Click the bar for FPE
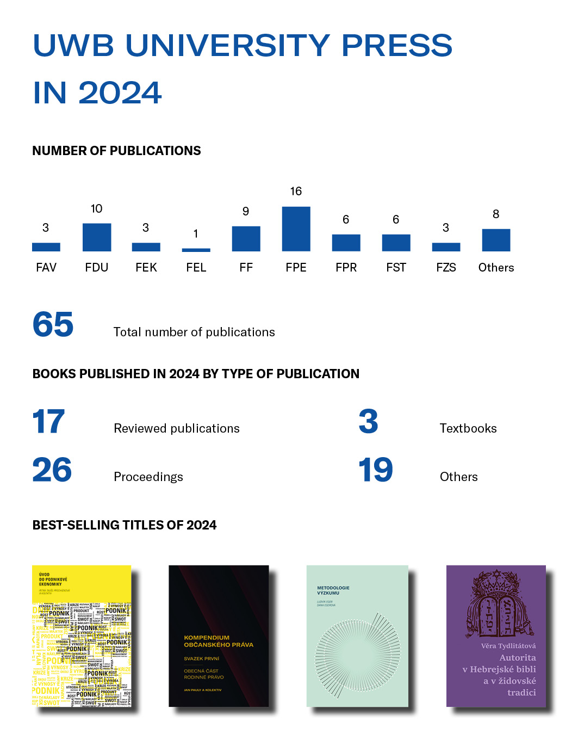(x=296, y=229)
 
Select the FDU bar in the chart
(x=97, y=237)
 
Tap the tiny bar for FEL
(x=196, y=250)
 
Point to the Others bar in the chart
(x=496, y=240)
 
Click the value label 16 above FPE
(x=296, y=191)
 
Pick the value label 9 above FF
(x=246, y=211)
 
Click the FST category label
(x=396, y=267)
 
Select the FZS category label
(x=446, y=267)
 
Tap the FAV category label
(x=46, y=267)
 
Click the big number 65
(x=53, y=325)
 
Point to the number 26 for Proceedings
(x=52, y=470)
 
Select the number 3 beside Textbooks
(x=368, y=422)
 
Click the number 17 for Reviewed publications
(x=49, y=422)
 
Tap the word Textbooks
(x=468, y=428)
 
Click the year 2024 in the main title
(x=120, y=93)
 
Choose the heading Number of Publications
(x=116, y=151)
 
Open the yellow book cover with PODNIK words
(x=82, y=636)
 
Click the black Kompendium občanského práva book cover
(x=219, y=636)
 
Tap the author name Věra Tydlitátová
(x=508, y=646)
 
